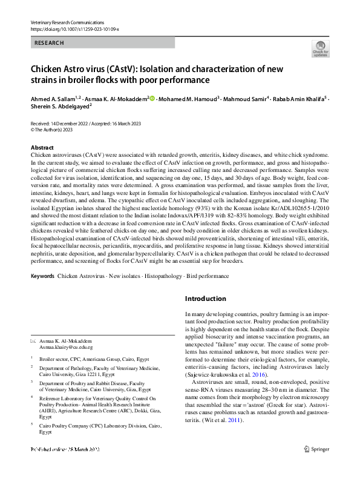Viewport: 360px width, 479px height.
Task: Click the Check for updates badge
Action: [x=319, y=49]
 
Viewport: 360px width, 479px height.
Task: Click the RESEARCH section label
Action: [x=50, y=43]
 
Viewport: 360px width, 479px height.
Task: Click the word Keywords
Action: [x=42, y=276]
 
